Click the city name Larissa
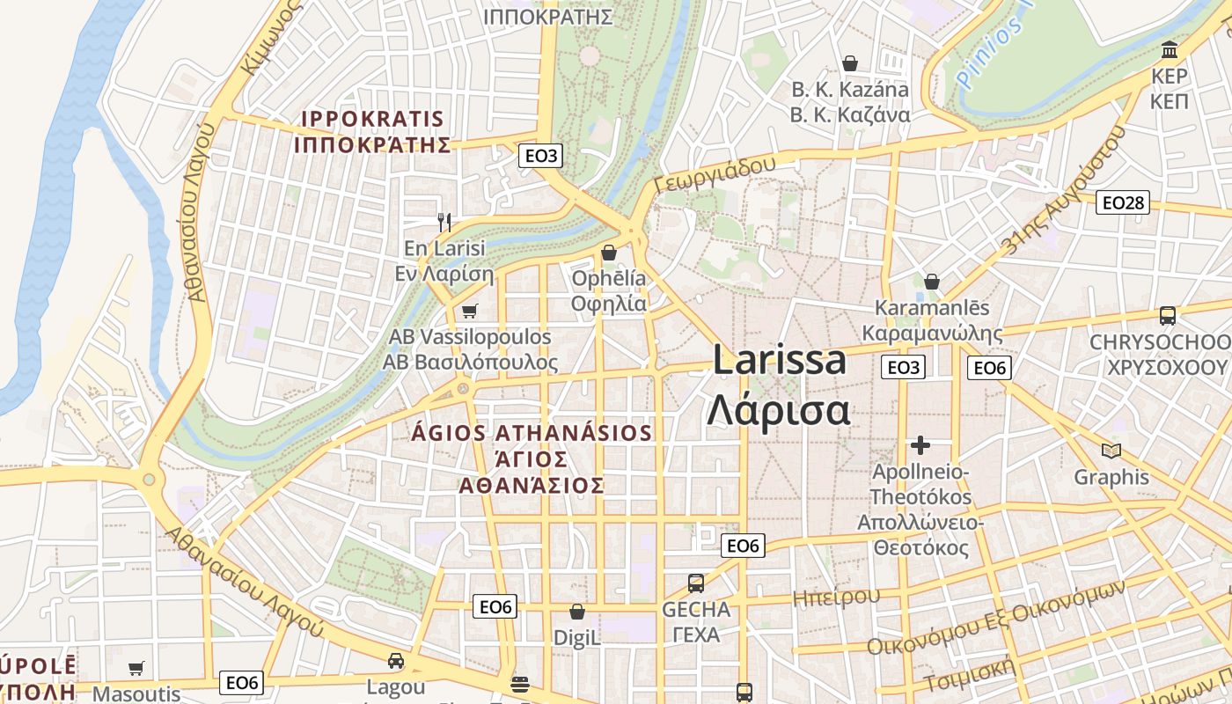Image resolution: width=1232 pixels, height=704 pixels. (x=779, y=360)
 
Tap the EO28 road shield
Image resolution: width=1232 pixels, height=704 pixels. (x=1123, y=203)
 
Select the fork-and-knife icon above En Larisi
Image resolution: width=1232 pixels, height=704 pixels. (x=444, y=223)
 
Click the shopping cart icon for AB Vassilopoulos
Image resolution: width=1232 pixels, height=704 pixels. (x=469, y=312)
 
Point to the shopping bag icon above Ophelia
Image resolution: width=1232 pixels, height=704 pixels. (x=608, y=253)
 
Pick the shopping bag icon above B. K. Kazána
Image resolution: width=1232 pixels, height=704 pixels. (x=850, y=63)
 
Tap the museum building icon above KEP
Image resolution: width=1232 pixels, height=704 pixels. (x=1170, y=49)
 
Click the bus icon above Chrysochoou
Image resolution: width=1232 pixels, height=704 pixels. (x=1167, y=315)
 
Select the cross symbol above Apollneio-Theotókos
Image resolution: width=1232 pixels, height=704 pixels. (x=920, y=445)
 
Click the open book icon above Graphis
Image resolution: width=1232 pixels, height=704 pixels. (x=1111, y=451)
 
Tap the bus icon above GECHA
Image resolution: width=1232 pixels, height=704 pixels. (x=695, y=583)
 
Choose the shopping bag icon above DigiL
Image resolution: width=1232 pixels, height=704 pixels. (x=577, y=611)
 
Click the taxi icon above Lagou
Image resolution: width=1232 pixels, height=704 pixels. (x=396, y=661)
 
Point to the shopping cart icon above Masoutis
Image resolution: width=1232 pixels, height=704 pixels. (x=136, y=669)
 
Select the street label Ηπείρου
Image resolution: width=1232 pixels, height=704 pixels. (x=836, y=597)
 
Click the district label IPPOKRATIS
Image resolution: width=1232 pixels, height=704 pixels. (x=372, y=119)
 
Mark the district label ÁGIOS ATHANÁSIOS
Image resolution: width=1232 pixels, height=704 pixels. (x=532, y=433)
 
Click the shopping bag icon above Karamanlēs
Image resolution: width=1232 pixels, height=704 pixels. (x=932, y=282)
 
